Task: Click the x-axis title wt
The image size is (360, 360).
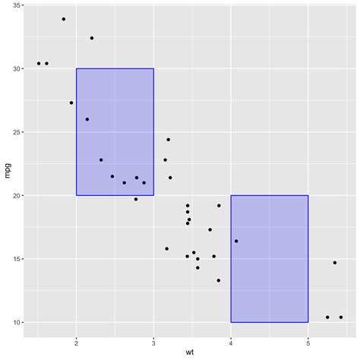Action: tap(189, 352)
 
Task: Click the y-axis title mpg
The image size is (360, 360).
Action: tap(8, 172)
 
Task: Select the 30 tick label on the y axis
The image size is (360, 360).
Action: tap(17, 69)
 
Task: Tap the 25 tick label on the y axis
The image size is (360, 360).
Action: tap(17, 132)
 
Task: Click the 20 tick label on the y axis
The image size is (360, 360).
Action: tap(17, 196)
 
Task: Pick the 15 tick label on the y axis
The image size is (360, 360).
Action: tap(17, 259)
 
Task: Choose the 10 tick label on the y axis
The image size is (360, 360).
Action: tap(17, 323)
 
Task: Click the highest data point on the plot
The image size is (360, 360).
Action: tap(64, 19)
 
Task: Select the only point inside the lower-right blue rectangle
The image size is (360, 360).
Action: tap(236, 241)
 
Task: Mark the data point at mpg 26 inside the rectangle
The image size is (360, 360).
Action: tap(87, 119)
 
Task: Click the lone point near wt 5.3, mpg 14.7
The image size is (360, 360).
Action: tap(334, 263)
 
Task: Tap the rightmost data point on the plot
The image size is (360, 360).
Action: tap(341, 317)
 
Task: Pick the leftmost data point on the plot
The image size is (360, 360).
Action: tap(39, 64)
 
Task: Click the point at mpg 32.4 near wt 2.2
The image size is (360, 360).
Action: tap(92, 38)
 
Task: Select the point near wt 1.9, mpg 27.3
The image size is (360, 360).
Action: tap(71, 103)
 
